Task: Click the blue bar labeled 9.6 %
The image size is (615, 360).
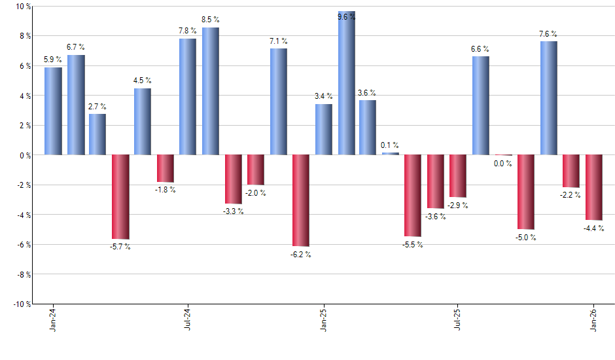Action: click(x=346, y=84)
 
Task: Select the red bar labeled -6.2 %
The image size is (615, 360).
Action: click(x=301, y=200)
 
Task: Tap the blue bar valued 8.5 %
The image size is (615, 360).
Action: click(x=211, y=92)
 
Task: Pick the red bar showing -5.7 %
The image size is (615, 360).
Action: click(x=120, y=197)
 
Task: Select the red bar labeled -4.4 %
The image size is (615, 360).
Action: click(x=594, y=187)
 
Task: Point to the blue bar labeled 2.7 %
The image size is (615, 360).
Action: click(x=97, y=134)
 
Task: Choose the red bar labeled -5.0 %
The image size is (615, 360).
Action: click(x=526, y=192)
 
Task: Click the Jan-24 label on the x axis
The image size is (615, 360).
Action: click(x=53, y=321)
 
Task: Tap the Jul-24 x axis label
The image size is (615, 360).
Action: click(x=188, y=321)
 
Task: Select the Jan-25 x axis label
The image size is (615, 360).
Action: click(x=323, y=321)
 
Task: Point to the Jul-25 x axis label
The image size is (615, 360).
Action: click(x=458, y=321)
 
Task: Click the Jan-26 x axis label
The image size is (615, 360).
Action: click(x=593, y=321)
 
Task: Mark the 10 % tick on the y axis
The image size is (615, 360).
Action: click(x=23, y=7)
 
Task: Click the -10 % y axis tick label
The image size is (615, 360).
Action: click(x=22, y=304)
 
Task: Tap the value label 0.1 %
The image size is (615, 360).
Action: click(x=390, y=145)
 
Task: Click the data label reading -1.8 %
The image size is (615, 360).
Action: click(x=165, y=190)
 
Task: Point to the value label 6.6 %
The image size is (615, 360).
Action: click(x=480, y=49)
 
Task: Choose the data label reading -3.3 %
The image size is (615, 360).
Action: click(x=233, y=211)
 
